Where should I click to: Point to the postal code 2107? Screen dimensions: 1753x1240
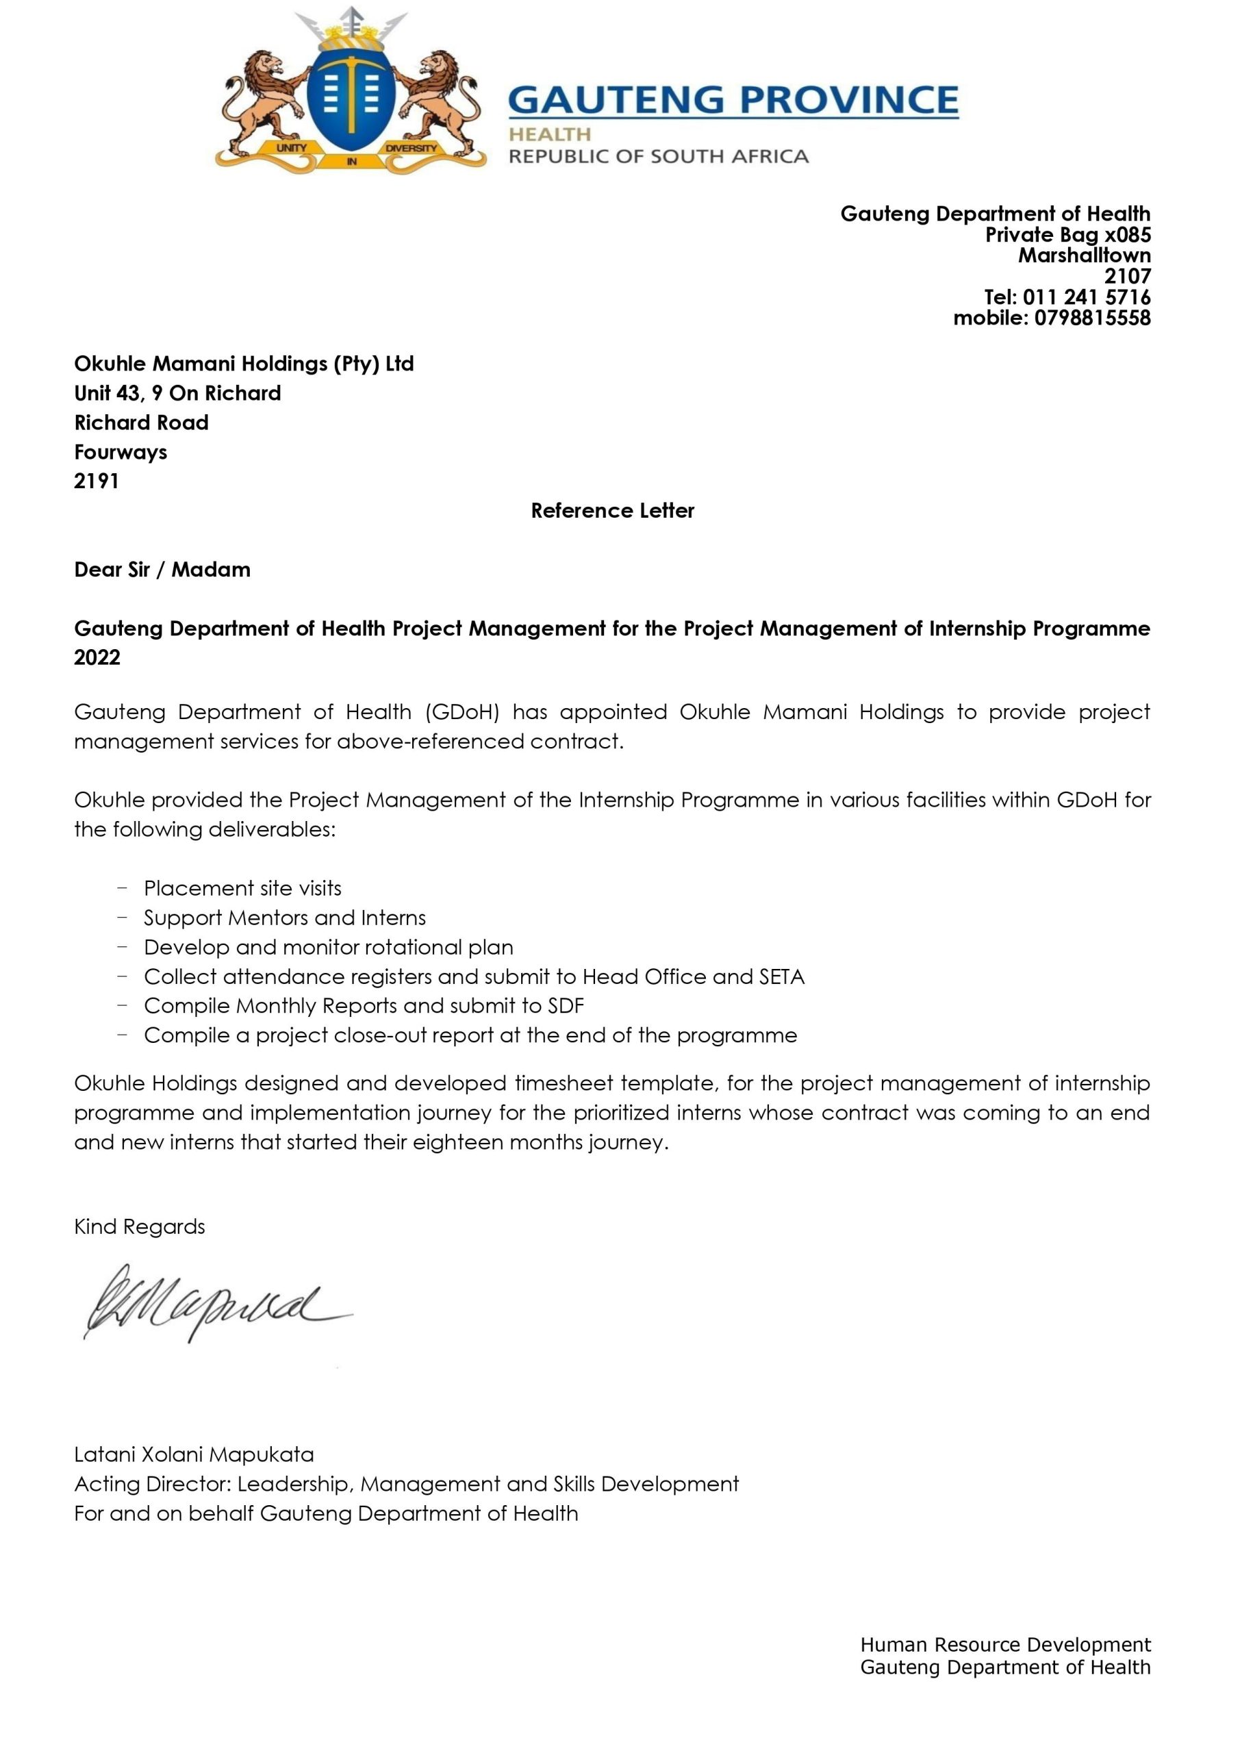[1127, 277]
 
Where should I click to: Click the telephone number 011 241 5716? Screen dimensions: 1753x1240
[1086, 297]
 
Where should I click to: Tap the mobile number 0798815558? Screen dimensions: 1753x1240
[1092, 318]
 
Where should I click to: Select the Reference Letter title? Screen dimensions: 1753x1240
[612, 510]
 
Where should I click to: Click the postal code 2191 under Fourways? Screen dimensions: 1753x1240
[97, 481]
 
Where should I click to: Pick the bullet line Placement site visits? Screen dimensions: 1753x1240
[242, 888]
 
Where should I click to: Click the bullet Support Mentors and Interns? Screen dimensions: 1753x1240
[284, 917]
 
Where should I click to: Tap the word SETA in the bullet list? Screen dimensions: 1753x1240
[781, 976]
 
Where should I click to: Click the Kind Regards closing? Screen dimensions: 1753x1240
[140, 1226]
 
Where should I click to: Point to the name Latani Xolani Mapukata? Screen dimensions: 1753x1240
[194, 1454]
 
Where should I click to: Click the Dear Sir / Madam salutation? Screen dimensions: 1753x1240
[162, 570]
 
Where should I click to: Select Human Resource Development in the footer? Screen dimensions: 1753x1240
[1005, 1645]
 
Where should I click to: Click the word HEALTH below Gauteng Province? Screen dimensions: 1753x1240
[550, 134]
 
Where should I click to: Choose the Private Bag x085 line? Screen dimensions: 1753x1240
[1067, 234]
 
